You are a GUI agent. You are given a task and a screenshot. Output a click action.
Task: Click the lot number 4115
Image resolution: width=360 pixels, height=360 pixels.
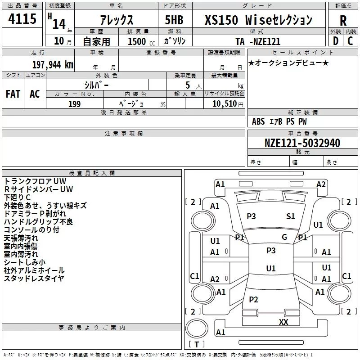click(x=22, y=18)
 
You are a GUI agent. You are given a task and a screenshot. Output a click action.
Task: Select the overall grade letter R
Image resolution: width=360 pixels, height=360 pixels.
click(x=343, y=21)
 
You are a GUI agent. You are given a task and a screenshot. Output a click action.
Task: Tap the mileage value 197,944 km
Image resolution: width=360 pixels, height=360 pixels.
click(x=53, y=65)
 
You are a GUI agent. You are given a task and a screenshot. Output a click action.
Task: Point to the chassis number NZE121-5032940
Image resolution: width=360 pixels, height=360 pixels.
click(x=302, y=143)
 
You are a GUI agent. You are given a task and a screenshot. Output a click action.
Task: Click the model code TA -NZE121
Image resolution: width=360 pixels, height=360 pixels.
click(x=258, y=41)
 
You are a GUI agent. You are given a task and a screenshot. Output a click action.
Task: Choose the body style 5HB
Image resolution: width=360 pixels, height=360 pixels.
click(x=174, y=20)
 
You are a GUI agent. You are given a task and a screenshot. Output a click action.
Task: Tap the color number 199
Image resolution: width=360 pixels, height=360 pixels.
click(x=75, y=104)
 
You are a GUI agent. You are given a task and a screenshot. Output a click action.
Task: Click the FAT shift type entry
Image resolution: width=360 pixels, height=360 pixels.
click(x=13, y=94)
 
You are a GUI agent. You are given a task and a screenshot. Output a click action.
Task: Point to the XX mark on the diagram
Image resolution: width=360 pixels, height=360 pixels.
click(x=283, y=322)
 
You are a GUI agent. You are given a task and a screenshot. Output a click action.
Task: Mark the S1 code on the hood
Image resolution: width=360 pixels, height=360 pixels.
click(x=290, y=216)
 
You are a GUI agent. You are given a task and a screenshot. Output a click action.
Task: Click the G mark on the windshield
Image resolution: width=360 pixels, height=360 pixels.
click(x=284, y=237)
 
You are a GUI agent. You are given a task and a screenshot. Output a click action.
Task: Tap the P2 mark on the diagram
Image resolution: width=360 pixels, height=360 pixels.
click(x=253, y=300)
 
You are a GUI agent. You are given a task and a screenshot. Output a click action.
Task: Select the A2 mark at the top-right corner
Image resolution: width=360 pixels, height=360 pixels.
click(x=321, y=184)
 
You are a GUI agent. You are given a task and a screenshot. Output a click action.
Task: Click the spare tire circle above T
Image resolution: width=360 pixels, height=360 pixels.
click(x=197, y=328)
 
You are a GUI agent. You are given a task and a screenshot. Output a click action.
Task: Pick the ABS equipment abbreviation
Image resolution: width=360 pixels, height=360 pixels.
click(x=258, y=121)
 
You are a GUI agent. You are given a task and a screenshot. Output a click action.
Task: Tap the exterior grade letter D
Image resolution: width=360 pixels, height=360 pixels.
click(x=336, y=41)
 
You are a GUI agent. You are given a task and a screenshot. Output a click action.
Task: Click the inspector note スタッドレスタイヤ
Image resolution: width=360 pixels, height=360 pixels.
click(x=34, y=279)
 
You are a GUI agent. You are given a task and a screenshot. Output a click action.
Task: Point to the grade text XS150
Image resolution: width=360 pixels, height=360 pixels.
click(x=221, y=20)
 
